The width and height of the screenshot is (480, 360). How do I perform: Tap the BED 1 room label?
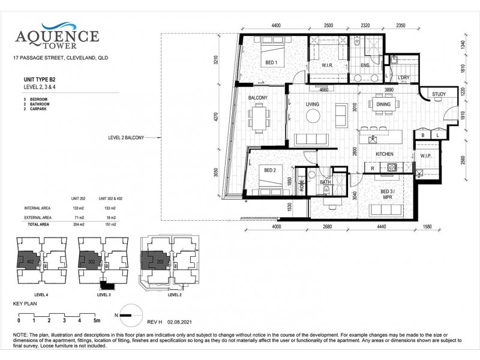272,63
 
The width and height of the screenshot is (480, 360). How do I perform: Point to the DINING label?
383,104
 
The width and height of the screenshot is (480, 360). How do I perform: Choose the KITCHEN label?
384,154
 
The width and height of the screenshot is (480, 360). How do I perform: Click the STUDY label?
438,94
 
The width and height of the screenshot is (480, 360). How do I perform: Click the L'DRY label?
403,78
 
